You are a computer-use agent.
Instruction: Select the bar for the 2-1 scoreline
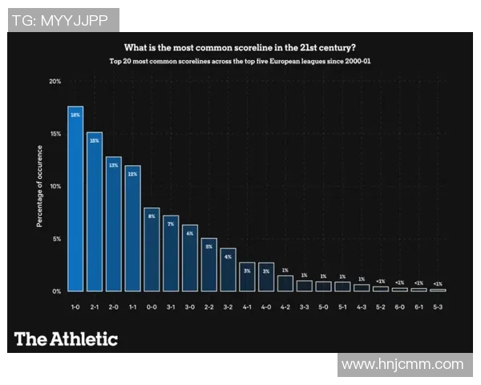pyautogui.click(x=95, y=211)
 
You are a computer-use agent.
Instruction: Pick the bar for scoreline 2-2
pyautogui.click(x=208, y=264)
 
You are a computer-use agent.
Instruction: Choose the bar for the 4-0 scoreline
pyautogui.click(x=265, y=277)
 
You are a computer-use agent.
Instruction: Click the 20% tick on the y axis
pyautogui.click(x=55, y=81)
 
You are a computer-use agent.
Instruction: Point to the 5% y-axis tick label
pyautogui.click(x=56, y=238)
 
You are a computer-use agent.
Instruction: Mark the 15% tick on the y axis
pyautogui.click(x=55, y=133)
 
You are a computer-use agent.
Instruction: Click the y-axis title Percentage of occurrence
pyautogui.click(x=39, y=186)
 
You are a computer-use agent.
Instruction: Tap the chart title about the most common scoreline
pyautogui.click(x=240, y=47)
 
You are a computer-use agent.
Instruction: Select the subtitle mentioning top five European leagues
pyautogui.click(x=240, y=61)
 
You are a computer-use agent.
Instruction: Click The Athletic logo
pyautogui.click(x=66, y=338)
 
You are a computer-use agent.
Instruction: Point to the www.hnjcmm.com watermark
pyautogui.click(x=402, y=365)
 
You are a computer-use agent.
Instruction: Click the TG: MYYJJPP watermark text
pyautogui.click(x=62, y=20)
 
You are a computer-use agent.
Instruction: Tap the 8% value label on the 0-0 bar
pyautogui.click(x=152, y=217)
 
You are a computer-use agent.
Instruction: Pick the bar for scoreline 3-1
pyautogui.click(x=171, y=253)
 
